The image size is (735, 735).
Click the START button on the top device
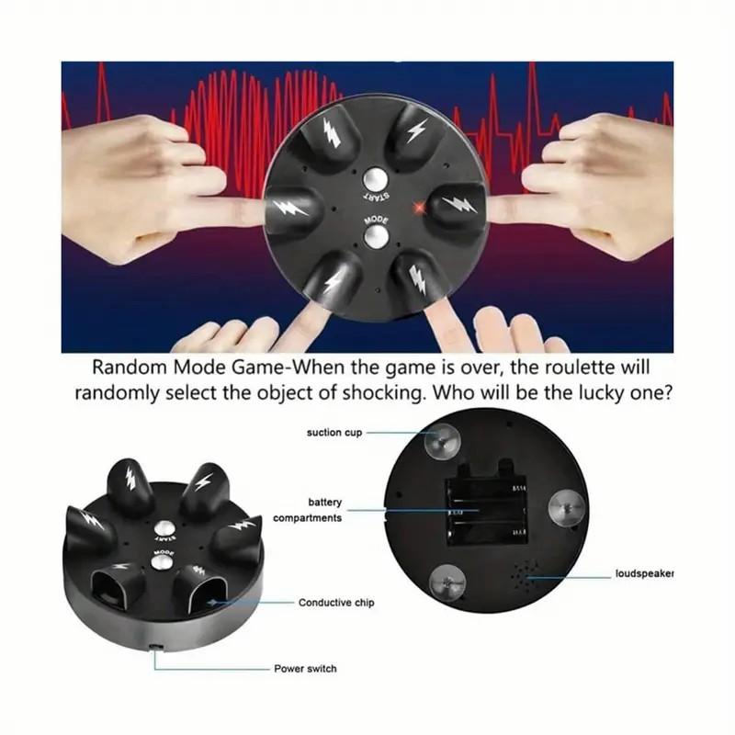tap(373, 178)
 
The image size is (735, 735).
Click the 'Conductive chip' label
tap(335, 603)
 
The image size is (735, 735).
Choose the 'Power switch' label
tap(305, 668)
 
